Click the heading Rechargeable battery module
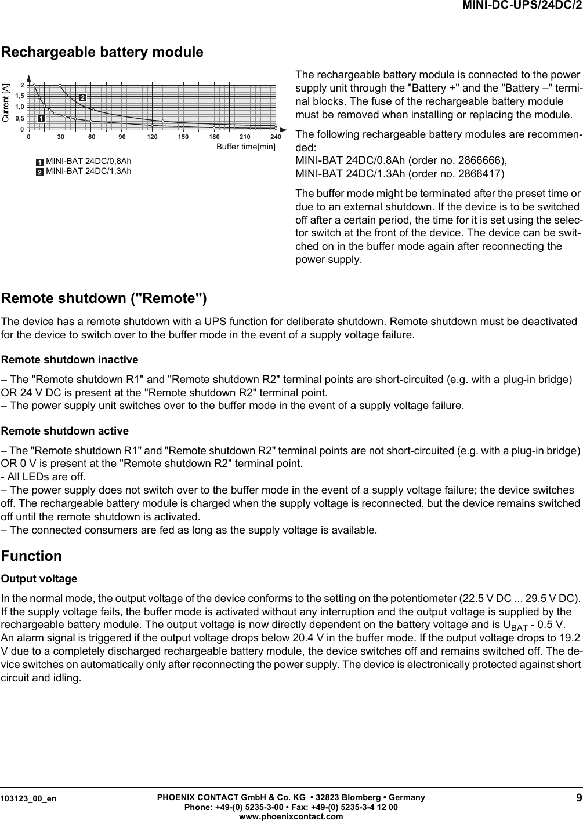coord(103,52)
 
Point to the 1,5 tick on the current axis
coord(20,96)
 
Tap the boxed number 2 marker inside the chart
coord(82,97)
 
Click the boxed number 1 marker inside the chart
coord(42,119)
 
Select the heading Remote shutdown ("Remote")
coord(104,298)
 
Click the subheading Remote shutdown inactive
coord(70,360)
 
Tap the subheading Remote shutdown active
coord(65,431)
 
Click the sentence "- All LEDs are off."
coord(43,477)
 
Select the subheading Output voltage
coord(39,579)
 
